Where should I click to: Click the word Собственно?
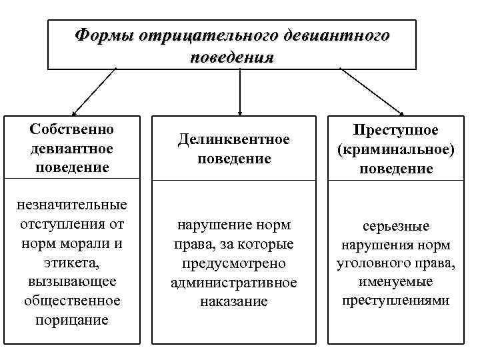coord(72,128)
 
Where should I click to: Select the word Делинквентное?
coord(233,140)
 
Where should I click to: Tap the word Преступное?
coord(397,131)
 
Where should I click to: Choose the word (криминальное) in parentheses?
coord(397,150)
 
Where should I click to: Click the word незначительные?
coord(72,204)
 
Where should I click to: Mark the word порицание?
coord(72,320)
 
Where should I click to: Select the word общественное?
coord(72,301)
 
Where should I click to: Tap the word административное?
coord(233,283)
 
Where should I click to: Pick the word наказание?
coord(233,301)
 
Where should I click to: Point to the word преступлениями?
coord(397,301)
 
